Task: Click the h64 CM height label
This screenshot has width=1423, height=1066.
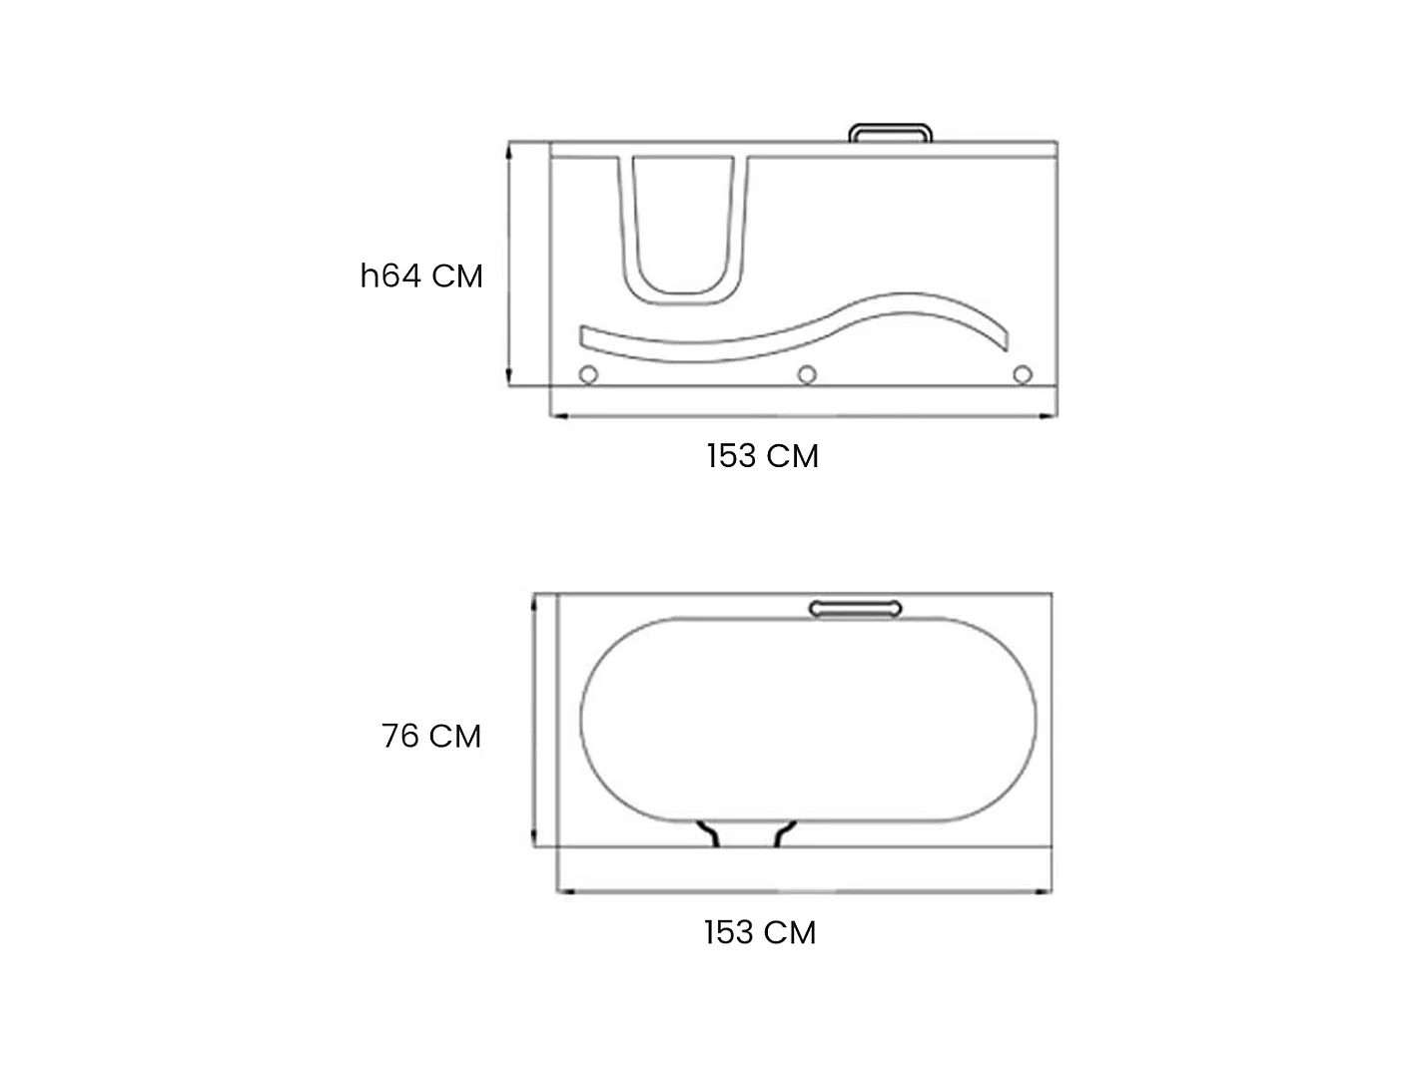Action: click(421, 275)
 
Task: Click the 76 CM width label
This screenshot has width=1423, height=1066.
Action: click(431, 736)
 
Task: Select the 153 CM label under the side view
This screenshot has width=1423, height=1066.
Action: click(762, 455)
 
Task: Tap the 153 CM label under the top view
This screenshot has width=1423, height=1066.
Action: click(760, 932)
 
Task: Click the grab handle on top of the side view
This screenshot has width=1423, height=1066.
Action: click(890, 127)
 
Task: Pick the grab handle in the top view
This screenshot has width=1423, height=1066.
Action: click(855, 609)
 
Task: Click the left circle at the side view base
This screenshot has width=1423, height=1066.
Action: click(588, 374)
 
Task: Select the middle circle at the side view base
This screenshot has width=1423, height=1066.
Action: click(807, 374)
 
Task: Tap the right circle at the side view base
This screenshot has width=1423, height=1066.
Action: click(1023, 374)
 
